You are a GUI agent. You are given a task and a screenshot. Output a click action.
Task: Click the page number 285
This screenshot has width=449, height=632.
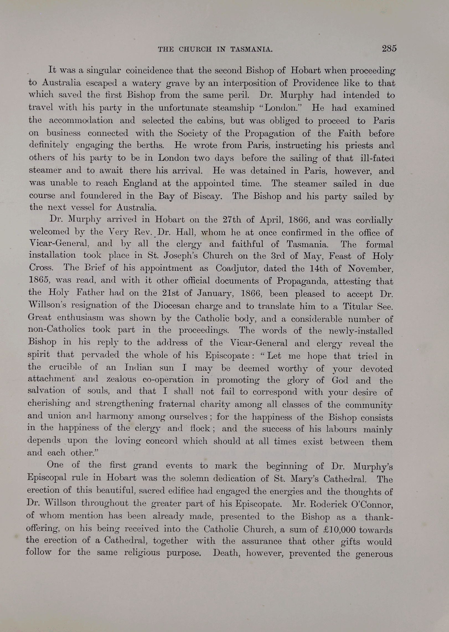[389, 49]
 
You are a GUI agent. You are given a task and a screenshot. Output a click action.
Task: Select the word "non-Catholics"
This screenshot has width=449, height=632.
[56, 329]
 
